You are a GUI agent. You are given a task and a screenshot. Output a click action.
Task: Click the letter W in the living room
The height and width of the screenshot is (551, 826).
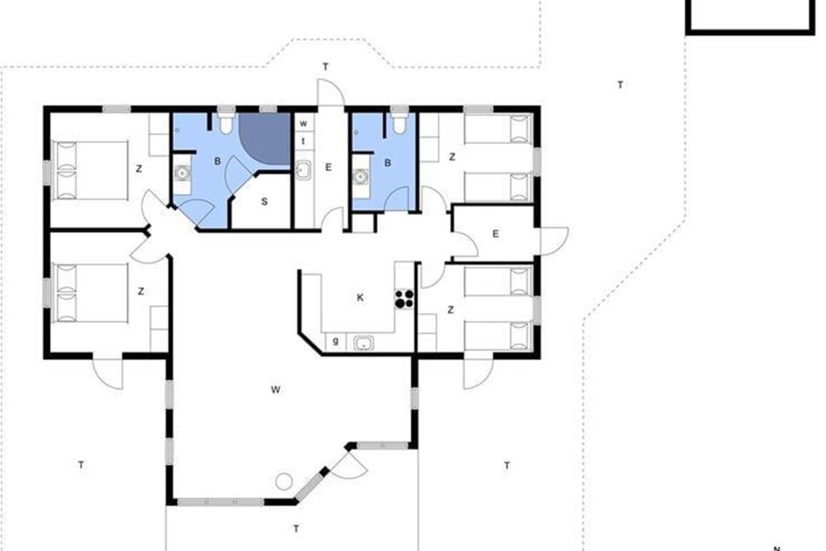pyautogui.click(x=275, y=390)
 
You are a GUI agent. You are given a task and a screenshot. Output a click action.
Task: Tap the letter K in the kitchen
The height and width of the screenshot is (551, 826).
pyautogui.click(x=360, y=298)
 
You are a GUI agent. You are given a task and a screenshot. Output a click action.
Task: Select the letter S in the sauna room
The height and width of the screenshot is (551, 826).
pyautogui.click(x=264, y=202)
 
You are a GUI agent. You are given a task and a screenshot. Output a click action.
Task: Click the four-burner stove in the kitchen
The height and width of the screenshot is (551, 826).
pyautogui.click(x=404, y=298)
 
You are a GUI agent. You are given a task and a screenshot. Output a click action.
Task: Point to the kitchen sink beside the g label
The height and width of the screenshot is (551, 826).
pyautogui.click(x=363, y=343)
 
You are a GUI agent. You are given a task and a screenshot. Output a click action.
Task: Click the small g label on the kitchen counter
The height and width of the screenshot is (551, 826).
pyautogui.click(x=336, y=342)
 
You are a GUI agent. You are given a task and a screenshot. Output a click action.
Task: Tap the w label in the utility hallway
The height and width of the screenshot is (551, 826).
pyautogui.click(x=303, y=124)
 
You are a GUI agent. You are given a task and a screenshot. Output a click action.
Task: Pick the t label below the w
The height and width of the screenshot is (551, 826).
pyautogui.click(x=303, y=141)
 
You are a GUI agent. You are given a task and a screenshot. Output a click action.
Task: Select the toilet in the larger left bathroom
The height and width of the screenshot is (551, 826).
pyautogui.click(x=225, y=123)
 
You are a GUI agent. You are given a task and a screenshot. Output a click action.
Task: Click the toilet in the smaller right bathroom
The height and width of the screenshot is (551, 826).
pyautogui.click(x=399, y=123)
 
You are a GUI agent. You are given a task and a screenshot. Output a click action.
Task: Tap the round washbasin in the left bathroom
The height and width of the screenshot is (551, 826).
pyautogui.click(x=182, y=173)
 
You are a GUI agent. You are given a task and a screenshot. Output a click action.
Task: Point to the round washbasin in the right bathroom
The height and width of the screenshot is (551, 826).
pyautogui.click(x=361, y=176)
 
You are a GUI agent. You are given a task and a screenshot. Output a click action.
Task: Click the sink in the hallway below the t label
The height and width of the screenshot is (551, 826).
pyautogui.click(x=303, y=171)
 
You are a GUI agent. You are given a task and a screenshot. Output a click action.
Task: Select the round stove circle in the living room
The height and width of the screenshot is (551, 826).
pyautogui.click(x=284, y=481)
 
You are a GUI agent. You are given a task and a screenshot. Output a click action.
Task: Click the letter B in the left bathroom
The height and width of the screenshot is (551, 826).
pyautogui.click(x=218, y=161)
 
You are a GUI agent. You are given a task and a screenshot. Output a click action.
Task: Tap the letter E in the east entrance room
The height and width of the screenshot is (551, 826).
pyautogui.click(x=496, y=234)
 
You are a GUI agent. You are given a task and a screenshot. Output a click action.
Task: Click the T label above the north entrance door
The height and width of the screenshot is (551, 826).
pyautogui.click(x=325, y=67)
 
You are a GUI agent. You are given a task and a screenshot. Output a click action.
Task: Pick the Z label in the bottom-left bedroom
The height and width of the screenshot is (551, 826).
pyautogui.click(x=141, y=291)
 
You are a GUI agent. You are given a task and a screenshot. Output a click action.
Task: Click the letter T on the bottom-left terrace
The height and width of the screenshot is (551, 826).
pyautogui.click(x=81, y=465)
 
